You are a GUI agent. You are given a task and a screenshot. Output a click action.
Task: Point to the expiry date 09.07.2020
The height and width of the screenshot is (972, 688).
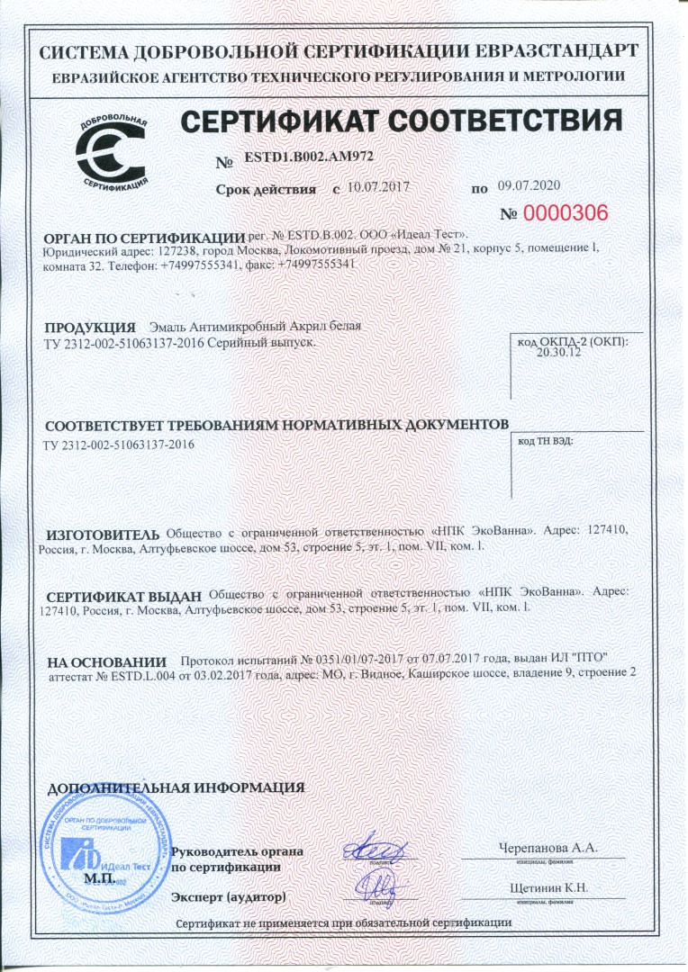pos(529,186)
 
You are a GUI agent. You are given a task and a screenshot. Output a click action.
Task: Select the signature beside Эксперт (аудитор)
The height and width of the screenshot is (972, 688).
pos(375,888)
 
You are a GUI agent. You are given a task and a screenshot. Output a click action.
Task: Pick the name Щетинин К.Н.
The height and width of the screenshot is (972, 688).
pos(548,888)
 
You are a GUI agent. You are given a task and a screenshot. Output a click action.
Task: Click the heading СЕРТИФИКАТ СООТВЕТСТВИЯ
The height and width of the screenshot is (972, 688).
pos(401,121)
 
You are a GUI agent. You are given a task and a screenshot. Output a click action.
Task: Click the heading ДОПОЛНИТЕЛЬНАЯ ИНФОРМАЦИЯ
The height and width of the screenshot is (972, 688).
pos(176,787)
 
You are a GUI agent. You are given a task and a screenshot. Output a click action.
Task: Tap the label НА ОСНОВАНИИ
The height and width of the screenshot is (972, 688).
pos(107,661)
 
